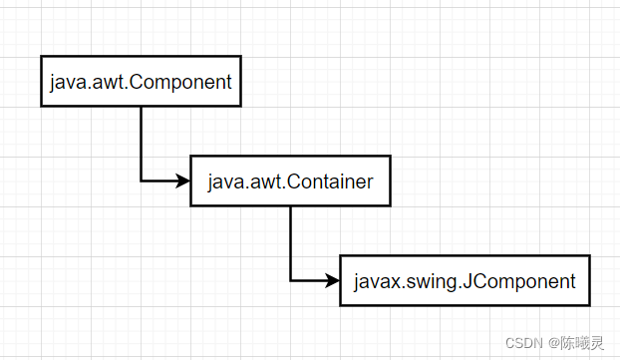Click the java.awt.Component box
(141, 82)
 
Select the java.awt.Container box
(290, 181)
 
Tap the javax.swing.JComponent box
(465, 281)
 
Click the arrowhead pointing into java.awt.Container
(182, 181)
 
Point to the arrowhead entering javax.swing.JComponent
(332, 281)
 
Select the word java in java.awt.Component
(67, 83)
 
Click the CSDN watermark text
(523, 342)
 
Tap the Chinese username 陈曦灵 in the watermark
(584, 342)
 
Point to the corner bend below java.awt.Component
(141, 181)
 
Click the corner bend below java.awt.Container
(290, 281)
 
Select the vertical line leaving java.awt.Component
(141, 140)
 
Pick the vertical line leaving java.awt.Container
(290, 239)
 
